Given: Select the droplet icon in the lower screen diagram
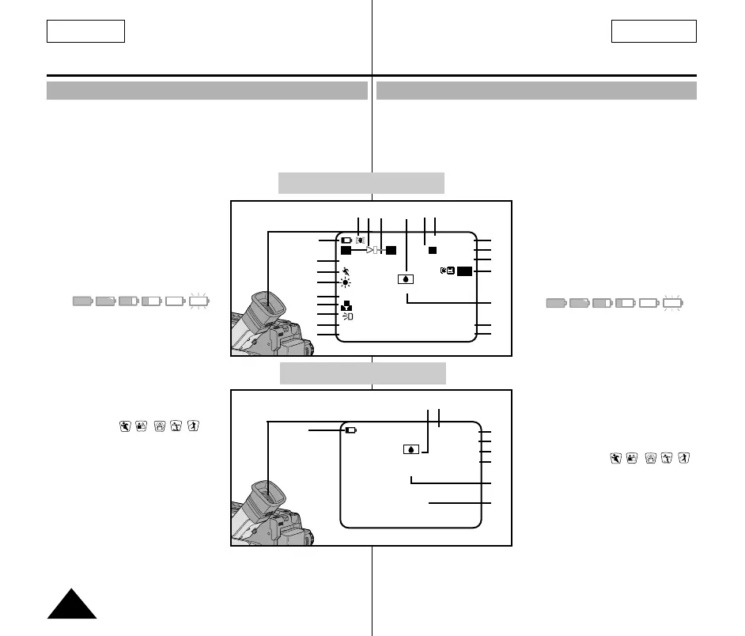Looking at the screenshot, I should [410, 449].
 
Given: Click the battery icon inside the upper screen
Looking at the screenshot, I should [347, 240].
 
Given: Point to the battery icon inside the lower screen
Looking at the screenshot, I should [351, 431].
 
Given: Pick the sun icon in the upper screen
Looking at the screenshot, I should [346, 283].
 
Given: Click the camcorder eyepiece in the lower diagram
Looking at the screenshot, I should [268, 494].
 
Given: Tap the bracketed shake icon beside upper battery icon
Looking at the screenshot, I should [360, 239].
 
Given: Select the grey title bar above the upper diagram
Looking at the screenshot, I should [361, 183].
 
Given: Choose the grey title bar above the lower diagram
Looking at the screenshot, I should [363, 373].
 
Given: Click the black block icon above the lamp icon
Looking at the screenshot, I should [346, 305].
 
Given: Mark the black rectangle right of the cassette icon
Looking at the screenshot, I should [465, 271].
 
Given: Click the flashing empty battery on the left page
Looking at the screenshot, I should [198, 301].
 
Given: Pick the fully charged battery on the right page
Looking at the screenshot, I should [556, 303].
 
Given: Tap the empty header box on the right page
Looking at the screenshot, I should [653, 31].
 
